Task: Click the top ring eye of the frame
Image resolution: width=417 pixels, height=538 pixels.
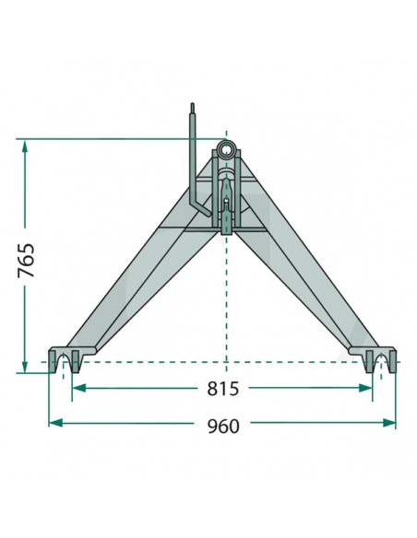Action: coord(225,151)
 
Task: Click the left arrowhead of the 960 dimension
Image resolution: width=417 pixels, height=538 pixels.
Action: coord(54,423)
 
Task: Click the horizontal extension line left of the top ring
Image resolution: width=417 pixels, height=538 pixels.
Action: coord(111,140)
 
